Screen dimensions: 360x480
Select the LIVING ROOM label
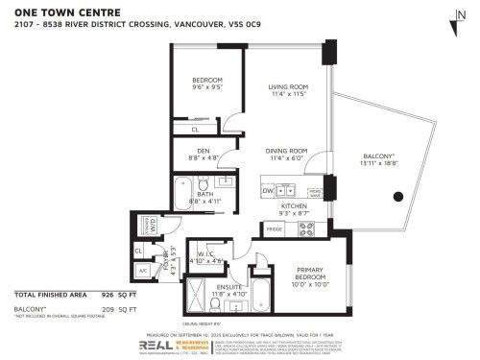(x=287, y=90)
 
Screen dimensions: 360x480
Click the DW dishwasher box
(x=268, y=191)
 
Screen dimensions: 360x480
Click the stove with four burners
(x=308, y=228)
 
